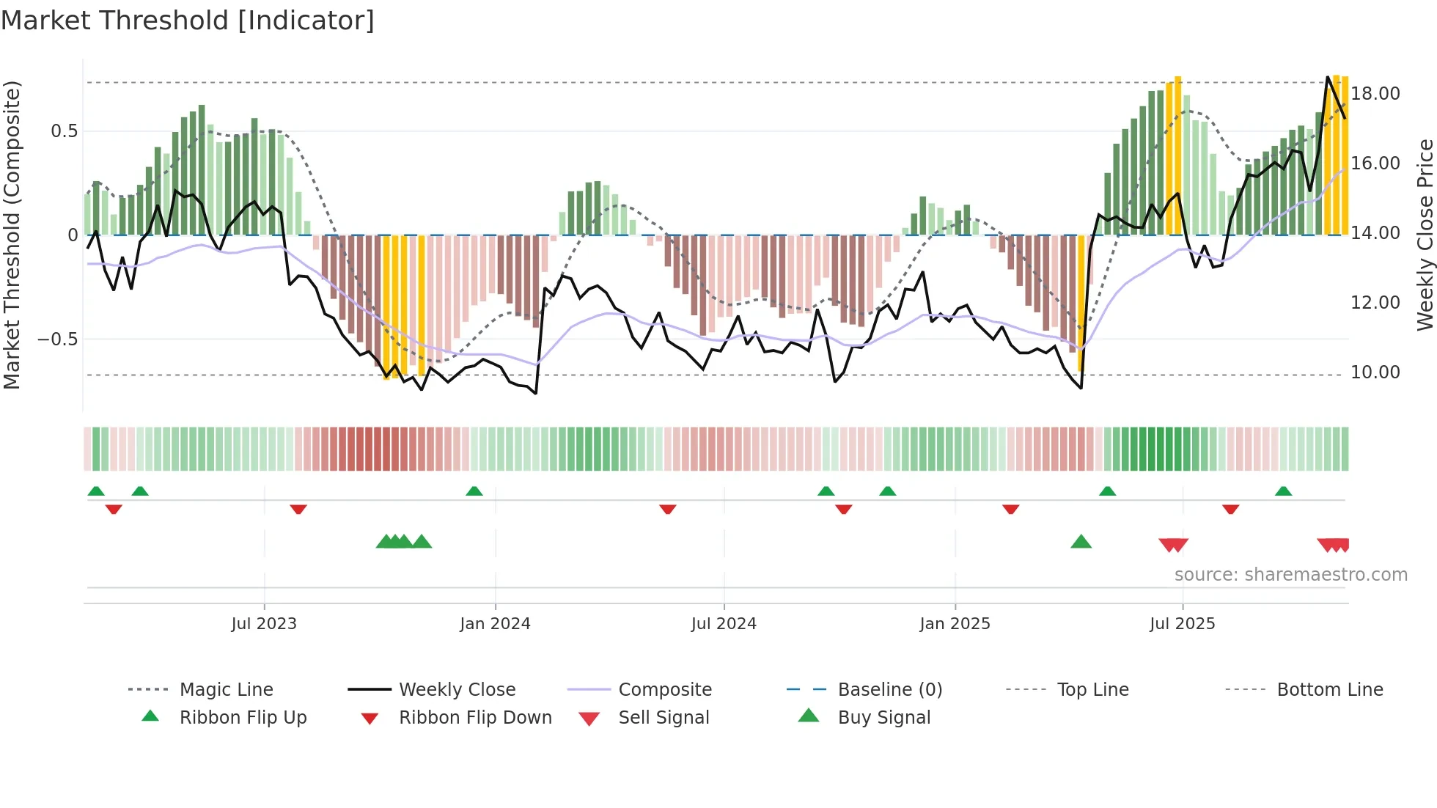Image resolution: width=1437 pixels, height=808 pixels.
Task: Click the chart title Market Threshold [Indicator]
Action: coord(188,21)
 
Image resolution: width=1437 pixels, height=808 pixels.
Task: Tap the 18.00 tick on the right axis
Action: coord(1375,94)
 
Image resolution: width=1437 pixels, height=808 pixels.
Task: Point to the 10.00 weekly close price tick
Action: coord(1375,372)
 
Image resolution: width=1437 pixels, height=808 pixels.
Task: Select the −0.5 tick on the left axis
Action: coord(57,339)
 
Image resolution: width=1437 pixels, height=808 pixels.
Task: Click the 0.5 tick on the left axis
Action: coord(64,131)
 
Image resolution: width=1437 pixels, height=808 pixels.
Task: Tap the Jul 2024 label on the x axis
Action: coord(724,624)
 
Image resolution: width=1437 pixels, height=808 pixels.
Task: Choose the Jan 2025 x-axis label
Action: coord(955,624)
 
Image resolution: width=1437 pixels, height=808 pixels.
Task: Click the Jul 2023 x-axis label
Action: coord(264,624)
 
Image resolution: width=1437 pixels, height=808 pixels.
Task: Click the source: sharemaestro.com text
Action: coord(1290,575)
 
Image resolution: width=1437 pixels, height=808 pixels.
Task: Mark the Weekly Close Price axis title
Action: coord(1425,235)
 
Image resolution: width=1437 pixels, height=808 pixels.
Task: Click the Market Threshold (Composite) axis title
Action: coord(12,235)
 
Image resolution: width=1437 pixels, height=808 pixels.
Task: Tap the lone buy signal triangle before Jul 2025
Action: coord(1081,543)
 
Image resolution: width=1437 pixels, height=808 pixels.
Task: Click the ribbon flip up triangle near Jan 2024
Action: coord(474,491)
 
